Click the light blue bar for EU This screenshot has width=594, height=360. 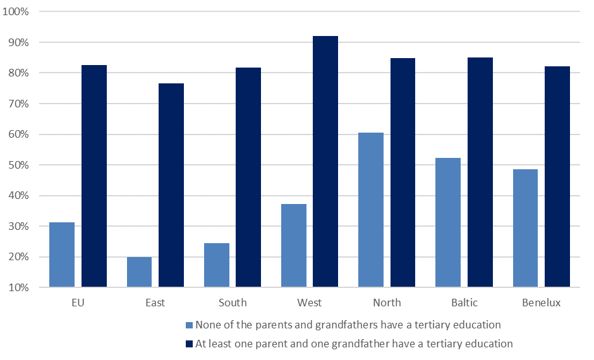62,255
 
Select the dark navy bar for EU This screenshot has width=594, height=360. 94,176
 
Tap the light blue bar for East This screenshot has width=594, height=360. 139,272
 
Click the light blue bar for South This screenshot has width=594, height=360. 217,265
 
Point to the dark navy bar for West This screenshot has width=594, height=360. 325,162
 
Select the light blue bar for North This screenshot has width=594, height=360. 371,210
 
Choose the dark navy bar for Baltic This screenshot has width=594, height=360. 480,172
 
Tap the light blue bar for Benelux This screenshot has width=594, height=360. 526,228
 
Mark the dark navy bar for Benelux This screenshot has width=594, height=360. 557,177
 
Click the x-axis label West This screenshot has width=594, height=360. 310,303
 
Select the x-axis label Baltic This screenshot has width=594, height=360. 464,303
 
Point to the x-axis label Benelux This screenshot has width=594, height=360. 542,303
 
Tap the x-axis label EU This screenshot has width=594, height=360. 78,303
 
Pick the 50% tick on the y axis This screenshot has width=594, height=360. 27,165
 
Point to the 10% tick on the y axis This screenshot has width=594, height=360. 27,288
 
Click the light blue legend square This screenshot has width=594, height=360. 189,325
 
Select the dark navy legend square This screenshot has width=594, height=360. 189,344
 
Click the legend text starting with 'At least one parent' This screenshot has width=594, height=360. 354,344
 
